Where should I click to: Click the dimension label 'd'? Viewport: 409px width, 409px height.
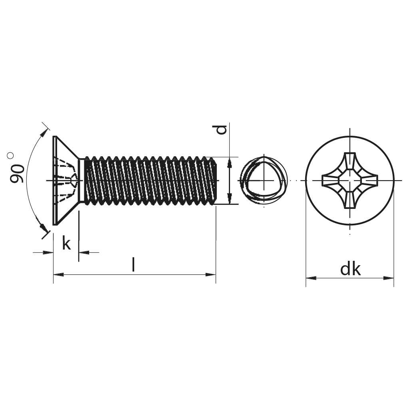point(222,130)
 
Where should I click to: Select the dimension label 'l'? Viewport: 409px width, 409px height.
point(133,264)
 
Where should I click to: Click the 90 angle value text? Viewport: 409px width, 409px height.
point(17,173)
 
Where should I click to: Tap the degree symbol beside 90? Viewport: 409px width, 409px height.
point(11,156)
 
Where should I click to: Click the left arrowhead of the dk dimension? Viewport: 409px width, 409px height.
point(311,278)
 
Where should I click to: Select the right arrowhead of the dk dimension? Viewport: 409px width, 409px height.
point(389,278)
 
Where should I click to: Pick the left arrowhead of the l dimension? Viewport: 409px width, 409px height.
point(58,274)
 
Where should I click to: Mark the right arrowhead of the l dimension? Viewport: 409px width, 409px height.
point(211,274)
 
